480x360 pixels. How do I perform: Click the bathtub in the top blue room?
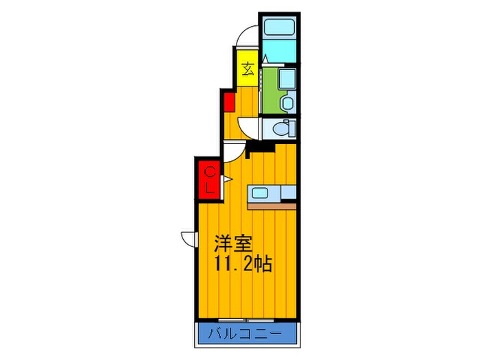278,29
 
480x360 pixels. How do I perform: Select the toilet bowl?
280,128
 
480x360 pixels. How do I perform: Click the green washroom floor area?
271,93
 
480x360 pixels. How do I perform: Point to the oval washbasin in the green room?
287,103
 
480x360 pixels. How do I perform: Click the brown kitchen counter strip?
272,206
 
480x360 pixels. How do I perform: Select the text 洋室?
233,243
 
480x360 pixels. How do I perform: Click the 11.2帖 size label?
242,265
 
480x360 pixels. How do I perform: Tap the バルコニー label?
248,336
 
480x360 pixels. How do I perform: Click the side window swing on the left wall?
188,238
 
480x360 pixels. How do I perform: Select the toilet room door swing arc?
248,128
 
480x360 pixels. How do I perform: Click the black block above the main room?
261,146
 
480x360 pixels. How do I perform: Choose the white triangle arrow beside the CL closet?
224,181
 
